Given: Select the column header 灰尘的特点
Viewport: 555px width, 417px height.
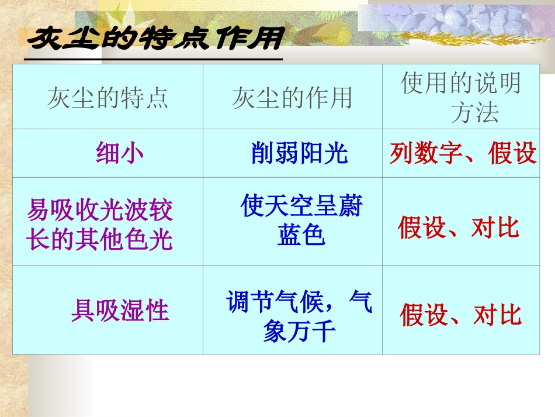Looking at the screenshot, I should click(x=108, y=98).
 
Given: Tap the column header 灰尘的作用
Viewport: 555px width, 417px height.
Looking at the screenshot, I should click(x=292, y=98).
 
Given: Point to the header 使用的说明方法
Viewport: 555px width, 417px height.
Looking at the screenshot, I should click(x=461, y=98).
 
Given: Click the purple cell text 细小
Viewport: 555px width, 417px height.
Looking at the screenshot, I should click(x=119, y=153).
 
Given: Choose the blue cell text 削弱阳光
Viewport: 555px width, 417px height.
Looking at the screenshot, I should click(x=299, y=153).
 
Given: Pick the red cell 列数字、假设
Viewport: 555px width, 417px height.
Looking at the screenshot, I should click(x=463, y=153).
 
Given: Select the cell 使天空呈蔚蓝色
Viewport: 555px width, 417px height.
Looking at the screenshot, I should click(x=301, y=221).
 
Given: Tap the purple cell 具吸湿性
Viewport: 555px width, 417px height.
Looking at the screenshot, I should click(x=120, y=310).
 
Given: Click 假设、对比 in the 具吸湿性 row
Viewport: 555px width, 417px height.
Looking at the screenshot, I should click(x=460, y=315).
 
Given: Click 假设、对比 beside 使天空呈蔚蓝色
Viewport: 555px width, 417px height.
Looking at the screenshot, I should click(x=459, y=228).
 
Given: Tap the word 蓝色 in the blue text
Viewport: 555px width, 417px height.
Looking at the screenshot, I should click(x=301, y=236).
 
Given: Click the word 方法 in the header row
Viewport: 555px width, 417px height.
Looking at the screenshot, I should click(x=474, y=112).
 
